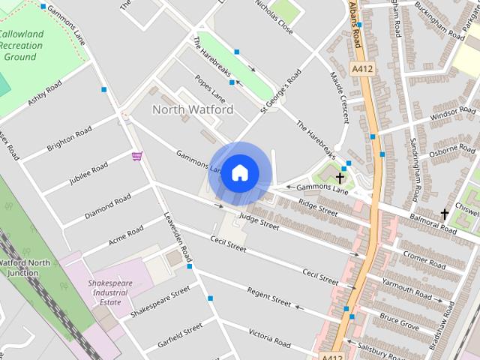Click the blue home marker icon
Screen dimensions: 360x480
[x=239, y=172]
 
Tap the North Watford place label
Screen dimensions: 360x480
[x=193, y=109]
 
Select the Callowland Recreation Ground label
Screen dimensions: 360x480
[x=20, y=46]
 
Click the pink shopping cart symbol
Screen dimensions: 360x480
[x=137, y=156]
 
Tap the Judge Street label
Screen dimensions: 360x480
[x=259, y=221]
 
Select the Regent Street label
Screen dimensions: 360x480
[x=268, y=297]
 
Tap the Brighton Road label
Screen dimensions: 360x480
[x=69, y=139]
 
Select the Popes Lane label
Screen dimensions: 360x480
[x=209, y=88]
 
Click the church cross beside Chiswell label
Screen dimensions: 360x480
[x=444, y=214]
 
